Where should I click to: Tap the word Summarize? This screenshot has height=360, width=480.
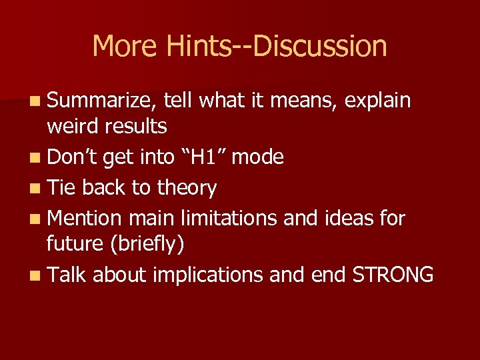coord(102,101)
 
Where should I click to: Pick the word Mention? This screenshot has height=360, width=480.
coord(85,218)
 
